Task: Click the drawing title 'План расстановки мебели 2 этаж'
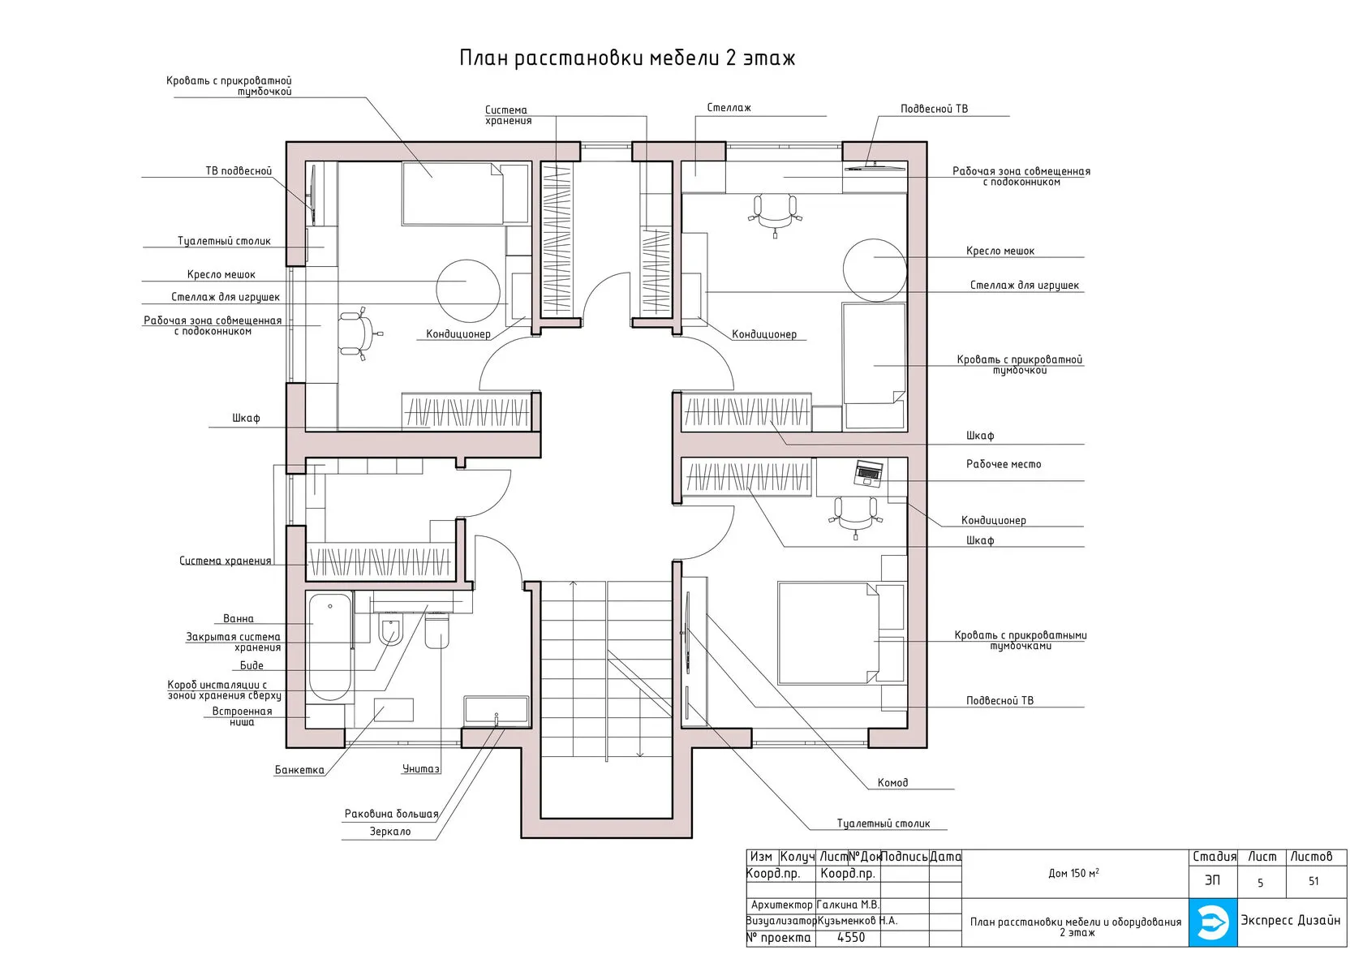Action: pos(626,58)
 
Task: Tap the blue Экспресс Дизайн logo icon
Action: pos(1213,922)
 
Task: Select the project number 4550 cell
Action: pos(850,938)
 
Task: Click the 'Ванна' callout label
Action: pos(238,619)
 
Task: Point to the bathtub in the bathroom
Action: pos(329,647)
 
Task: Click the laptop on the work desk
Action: pos(868,473)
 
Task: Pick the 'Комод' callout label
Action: pos(892,783)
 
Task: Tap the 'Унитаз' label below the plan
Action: pos(420,769)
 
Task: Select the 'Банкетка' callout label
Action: pos(299,770)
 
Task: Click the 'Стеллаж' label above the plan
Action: pos(729,108)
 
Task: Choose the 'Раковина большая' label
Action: pos(391,814)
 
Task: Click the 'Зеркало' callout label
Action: pos(390,832)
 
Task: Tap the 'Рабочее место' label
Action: pos(1004,464)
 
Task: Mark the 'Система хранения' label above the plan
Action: pos(508,115)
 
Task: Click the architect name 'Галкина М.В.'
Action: pos(849,905)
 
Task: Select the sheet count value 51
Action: pos(1314,881)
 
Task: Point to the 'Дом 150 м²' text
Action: pos(1073,873)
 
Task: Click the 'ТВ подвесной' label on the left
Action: pos(239,171)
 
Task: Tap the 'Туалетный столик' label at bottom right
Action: pos(884,823)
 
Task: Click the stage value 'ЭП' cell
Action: pos(1213,880)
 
